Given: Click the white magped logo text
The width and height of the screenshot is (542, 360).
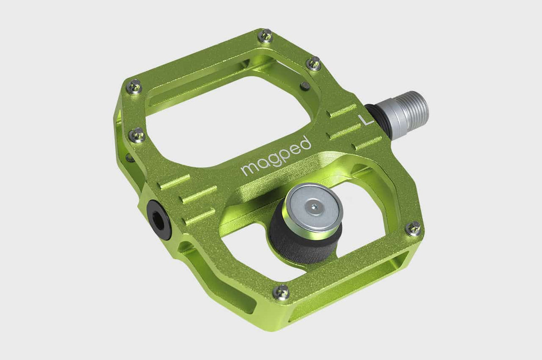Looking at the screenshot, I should (276, 156).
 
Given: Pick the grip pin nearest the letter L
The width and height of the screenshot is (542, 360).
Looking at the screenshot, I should (313, 64).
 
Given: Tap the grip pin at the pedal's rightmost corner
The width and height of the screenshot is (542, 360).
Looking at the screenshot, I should (413, 229).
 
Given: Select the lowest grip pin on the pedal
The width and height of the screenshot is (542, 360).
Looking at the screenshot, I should (282, 292).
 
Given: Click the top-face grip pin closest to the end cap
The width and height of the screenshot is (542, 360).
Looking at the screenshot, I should (137, 135).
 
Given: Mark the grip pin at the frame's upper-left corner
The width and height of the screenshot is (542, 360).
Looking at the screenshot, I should (135, 87).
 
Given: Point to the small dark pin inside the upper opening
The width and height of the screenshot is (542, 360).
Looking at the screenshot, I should (305, 86).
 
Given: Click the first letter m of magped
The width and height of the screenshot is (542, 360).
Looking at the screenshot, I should (248, 168).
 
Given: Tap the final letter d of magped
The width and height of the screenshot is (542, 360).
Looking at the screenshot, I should (306, 143).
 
